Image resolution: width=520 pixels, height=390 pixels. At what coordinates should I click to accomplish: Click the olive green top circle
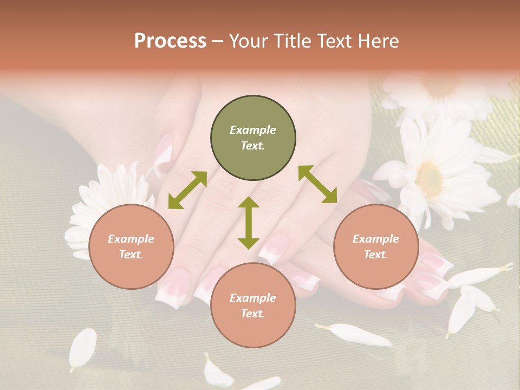[253, 138]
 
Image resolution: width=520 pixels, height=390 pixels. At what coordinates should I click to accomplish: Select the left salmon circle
[131, 246]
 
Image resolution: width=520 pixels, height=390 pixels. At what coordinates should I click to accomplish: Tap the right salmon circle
[376, 246]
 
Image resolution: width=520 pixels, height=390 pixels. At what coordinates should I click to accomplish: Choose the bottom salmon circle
[253, 305]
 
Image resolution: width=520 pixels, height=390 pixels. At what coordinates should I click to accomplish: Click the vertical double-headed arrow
[249, 223]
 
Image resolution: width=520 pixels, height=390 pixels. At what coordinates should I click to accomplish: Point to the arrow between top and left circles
[187, 190]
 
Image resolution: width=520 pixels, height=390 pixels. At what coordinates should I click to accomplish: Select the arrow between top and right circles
[317, 184]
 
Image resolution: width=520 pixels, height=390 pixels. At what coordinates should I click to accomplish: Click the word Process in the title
[170, 41]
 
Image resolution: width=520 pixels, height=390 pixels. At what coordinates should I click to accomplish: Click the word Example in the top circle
[253, 130]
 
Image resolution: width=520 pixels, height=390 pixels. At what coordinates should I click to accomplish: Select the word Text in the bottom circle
[252, 314]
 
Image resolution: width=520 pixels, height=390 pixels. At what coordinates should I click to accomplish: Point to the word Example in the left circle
[131, 239]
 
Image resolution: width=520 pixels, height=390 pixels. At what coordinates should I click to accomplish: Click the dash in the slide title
[218, 41]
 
